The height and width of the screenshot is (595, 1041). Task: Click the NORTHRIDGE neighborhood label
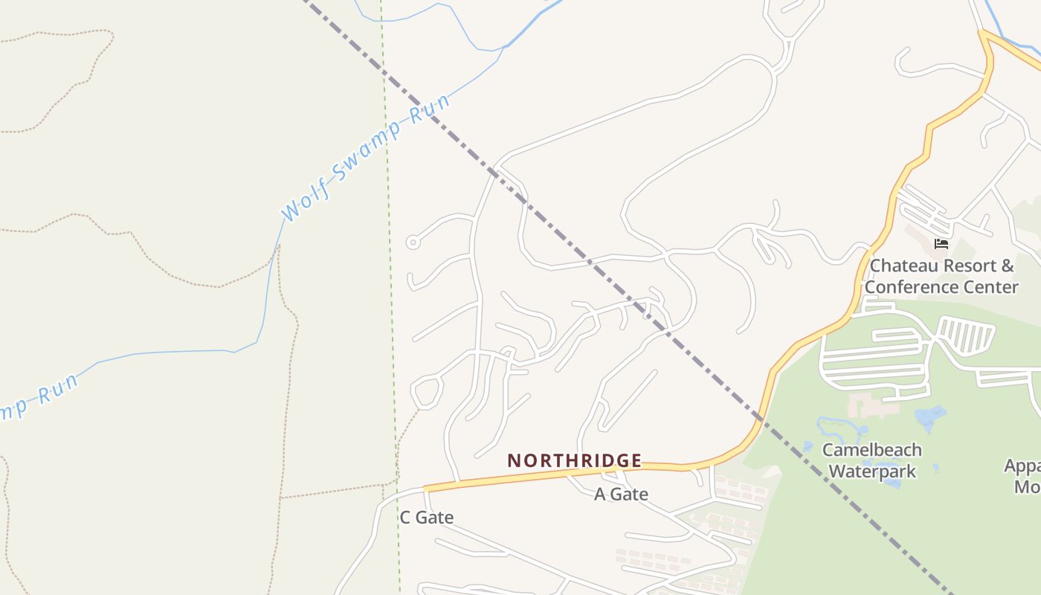coord(574,461)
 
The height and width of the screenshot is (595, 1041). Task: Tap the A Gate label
coord(621,494)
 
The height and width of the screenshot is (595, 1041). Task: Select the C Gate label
coord(426,518)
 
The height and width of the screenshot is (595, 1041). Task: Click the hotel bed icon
coord(941,243)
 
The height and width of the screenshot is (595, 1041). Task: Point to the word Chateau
coord(900,266)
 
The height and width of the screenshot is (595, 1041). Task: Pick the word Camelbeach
coord(871,450)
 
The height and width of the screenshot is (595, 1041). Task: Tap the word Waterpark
coord(872,471)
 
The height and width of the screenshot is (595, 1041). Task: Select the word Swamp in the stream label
coord(366,151)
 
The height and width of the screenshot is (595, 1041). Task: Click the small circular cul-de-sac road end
coord(413,242)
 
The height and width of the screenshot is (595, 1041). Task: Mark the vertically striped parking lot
coord(966,335)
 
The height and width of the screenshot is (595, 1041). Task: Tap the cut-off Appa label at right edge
coord(1022,466)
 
